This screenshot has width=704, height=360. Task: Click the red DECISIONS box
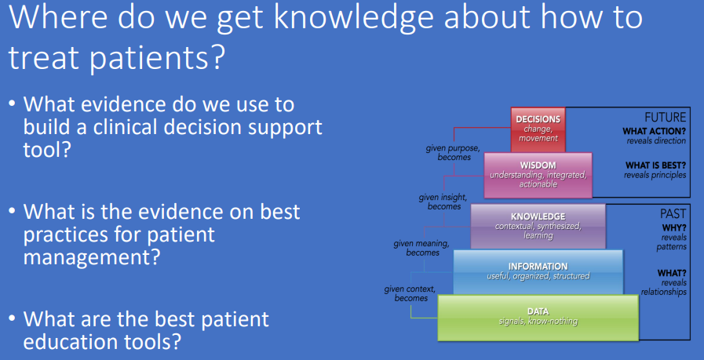(x=538, y=129)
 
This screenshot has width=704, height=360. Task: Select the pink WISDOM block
(x=538, y=174)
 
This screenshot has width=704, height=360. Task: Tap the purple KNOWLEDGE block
(x=538, y=226)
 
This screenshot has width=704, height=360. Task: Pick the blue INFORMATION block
(x=538, y=271)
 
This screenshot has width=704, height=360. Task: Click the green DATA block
(x=538, y=316)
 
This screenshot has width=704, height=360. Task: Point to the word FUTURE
(x=665, y=116)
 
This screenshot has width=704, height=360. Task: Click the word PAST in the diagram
(x=673, y=213)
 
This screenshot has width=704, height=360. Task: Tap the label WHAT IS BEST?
(x=655, y=165)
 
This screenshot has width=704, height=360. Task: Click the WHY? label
(x=674, y=227)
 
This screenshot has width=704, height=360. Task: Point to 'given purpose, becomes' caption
(x=450, y=152)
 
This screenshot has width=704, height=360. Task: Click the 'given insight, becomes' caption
(x=443, y=202)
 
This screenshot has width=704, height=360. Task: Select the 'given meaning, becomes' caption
(x=422, y=248)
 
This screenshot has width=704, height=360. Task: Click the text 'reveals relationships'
(x=663, y=287)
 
